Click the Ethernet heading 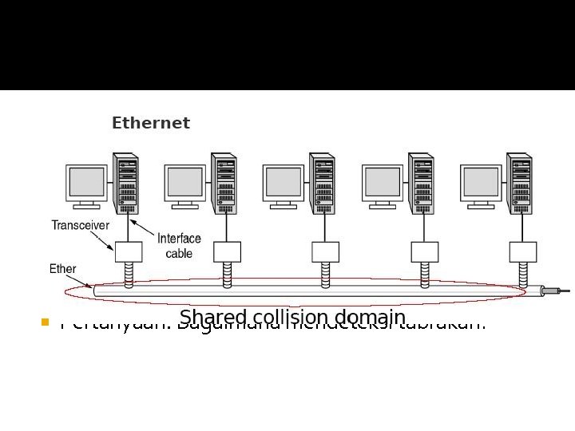coord(151,123)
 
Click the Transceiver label coord(81,225)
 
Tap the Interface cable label coord(179,246)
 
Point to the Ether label coord(63,269)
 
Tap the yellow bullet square coord(45,323)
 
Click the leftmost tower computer coord(126,183)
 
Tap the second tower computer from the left coord(224,183)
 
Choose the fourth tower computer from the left coord(422,183)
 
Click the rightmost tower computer coord(520,183)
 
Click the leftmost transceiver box coord(128,251)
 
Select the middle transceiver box coord(325,251)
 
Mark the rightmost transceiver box coord(522,251)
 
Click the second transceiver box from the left coord(227,251)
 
